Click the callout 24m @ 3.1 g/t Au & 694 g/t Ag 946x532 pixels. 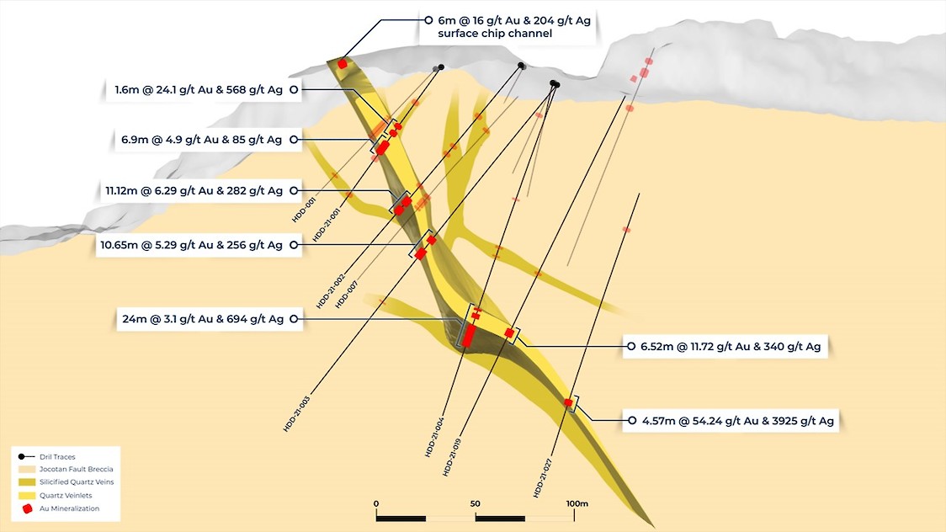[203, 319]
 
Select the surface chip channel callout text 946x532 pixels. [514, 27]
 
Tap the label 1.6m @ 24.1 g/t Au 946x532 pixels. [199, 90]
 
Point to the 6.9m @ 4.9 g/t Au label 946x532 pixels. [201, 140]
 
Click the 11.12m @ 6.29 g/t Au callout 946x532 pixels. [194, 190]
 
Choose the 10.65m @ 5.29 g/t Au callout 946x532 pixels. [191, 245]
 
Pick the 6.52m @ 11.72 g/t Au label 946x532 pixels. [730, 347]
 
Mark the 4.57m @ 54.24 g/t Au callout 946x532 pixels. [737, 421]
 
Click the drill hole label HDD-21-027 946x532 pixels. [542, 478]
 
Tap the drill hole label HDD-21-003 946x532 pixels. [297, 414]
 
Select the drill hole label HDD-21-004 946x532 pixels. [434, 437]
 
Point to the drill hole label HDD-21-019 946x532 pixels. [452, 456]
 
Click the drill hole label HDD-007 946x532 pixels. [346, 295]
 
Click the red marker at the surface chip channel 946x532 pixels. [343, 64]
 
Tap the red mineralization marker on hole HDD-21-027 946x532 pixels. [568, 402]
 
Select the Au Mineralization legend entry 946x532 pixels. [60, 508]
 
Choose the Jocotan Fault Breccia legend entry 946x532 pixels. [66, 469]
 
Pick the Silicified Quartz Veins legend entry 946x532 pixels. [66, 482]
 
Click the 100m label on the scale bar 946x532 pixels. [577, 503]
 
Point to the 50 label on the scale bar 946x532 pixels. [476, 503]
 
